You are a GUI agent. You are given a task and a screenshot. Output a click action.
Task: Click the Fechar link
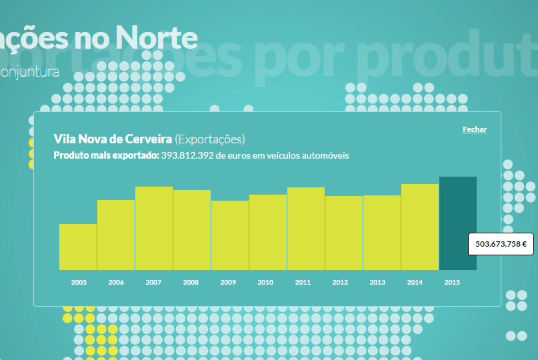click(x=475, y=129)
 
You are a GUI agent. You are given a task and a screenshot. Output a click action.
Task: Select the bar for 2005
click(x=78, y=247)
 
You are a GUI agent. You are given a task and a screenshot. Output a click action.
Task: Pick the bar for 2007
click(x=154, y=228)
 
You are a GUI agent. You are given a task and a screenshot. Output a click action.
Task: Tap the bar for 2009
click(x=230, y=235)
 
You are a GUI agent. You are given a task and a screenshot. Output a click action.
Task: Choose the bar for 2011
click(x=306, y=229)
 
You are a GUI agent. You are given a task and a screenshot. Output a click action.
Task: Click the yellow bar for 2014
click(x=420, y=227)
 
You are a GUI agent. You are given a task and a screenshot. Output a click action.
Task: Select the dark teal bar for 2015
click(x=458, y=223)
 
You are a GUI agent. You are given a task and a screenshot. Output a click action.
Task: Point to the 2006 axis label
click(x=116, y=283)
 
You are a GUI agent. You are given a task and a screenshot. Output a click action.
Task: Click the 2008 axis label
click(x=191, y=283)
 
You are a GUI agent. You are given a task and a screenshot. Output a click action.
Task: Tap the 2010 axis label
click(x=265, y=283)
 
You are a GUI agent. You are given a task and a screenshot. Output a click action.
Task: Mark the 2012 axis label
click(x=340, y=283)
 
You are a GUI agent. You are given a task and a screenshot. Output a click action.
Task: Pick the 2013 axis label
click(x=377, y=283)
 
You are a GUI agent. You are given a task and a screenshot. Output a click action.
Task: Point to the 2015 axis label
click(x=452, y=283)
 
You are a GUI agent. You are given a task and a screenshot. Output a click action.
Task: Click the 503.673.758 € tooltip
click(x=501, y=244)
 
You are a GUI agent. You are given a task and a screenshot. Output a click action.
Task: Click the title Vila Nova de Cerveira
click(x=112, y=139)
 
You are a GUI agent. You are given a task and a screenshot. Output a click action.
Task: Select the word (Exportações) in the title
click(x=210, y=139)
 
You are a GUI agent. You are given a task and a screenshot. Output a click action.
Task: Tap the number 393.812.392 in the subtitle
click(x=187, y=155)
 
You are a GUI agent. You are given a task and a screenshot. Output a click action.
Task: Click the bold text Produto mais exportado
click(x=105, y=155)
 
